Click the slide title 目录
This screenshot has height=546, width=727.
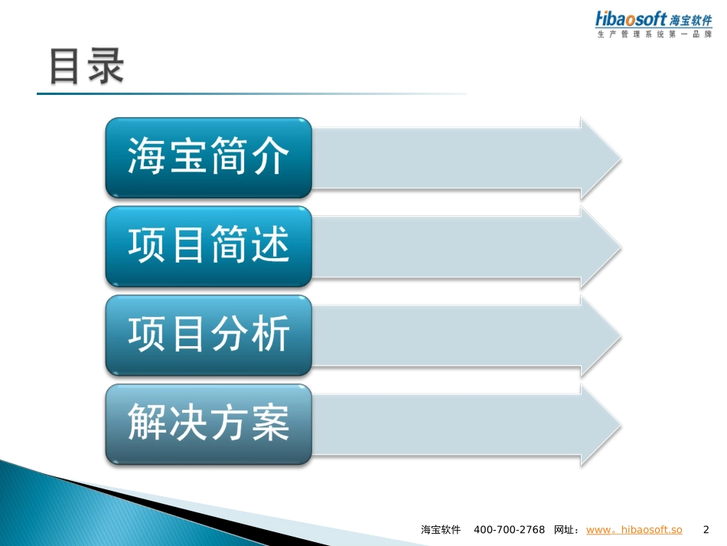[86, 67]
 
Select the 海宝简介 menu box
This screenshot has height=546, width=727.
[208, 158]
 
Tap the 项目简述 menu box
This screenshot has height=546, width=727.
[208, 247]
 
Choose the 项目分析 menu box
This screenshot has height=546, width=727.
[208, 335]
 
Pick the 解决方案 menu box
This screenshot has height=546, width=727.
[208, 424]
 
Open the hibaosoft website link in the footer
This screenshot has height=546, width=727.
[634, 530]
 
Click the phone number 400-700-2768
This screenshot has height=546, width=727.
[509, 530]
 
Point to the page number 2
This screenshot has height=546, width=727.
[706, 530]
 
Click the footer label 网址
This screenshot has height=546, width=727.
[566, 530]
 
